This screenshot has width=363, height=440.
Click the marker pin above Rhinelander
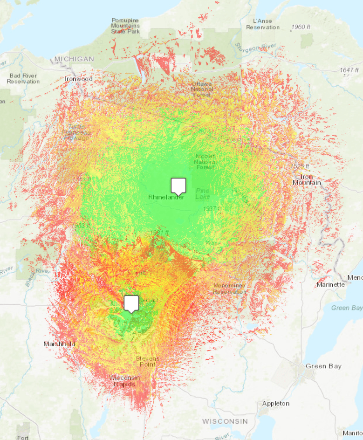point(178,186)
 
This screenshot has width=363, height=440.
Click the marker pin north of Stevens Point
point(132,303)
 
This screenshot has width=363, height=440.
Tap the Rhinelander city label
point(166,197)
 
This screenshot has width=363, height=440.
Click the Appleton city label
point(276,403)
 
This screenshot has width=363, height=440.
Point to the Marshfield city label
point(59,344)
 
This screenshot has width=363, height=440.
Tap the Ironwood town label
point(79,79)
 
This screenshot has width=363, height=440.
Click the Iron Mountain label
point(307,179)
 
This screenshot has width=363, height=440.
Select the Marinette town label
point(330,284)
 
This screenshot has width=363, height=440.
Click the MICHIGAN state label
point(74,59)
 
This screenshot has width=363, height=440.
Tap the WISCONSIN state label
point(225,421)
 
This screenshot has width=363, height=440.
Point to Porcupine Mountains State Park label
point(125,26)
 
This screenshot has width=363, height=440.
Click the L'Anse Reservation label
point(263,24)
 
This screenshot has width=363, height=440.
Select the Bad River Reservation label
point(23,78)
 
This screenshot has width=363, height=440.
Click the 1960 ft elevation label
point(301,27)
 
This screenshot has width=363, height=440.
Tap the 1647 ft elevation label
point(349,70)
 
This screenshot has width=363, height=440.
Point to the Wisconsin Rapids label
point(124,380)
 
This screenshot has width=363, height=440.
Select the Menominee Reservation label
point(230,289)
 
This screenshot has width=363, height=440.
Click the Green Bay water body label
point(347,308)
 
